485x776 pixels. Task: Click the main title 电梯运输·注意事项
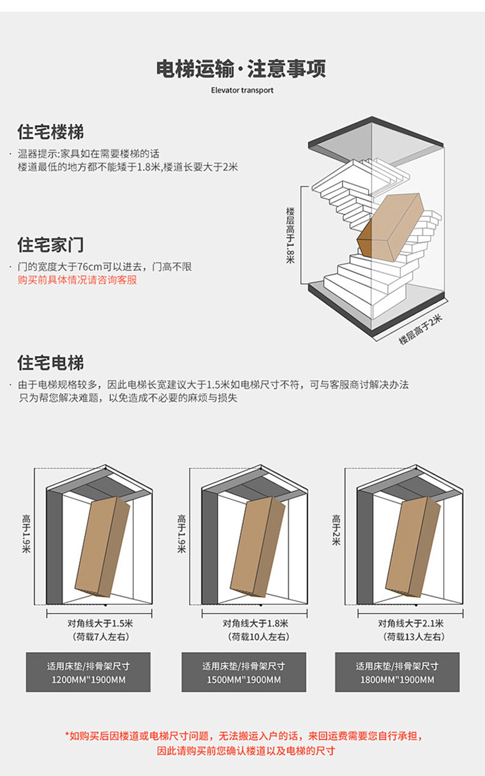tap(241, 68)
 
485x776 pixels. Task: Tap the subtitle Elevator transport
tap(242, 90)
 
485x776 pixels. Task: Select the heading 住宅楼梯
tap(50, 132)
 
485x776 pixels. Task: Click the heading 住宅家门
tap(50, 244)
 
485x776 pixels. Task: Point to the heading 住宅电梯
tap(50, 363)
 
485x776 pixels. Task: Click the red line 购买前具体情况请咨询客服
tap(77, 280)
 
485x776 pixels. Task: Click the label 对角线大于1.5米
tap(100, 623)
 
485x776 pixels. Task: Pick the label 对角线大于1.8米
tap(255, 623)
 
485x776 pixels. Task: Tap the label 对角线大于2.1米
tap(410, 623)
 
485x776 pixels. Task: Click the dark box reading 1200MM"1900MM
tap(88, 672)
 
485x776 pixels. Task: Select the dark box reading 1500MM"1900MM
tap(243, 672)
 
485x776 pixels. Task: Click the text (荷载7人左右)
tap(100, 637)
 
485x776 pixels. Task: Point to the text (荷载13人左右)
tap(410, 637)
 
